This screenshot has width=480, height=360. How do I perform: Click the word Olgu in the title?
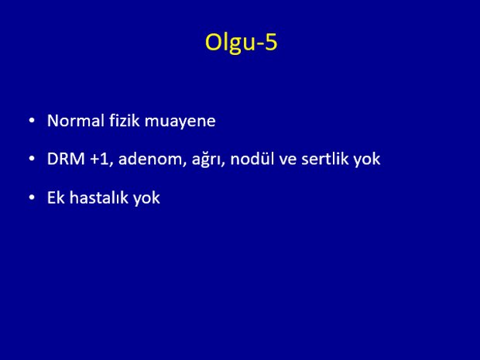(230, 43)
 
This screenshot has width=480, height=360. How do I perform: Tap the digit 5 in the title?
(271, 42)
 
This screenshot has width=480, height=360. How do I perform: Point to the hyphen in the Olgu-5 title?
(259, 44)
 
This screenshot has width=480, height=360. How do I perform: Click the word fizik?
(124, 121)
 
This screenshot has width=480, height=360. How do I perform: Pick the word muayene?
(180, 122)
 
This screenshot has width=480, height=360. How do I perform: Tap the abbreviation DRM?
(66, 159)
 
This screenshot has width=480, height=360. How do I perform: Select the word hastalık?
(98, 197)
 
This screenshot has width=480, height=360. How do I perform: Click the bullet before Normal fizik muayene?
(32, 121)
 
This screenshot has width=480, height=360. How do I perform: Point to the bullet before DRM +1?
(32, 159)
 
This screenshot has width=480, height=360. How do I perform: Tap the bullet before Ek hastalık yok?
(32, 197)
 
